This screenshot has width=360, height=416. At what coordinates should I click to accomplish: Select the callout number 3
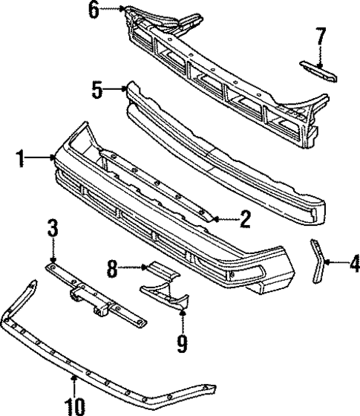[53, 229]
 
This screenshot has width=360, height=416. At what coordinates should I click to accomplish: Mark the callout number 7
[320, 35]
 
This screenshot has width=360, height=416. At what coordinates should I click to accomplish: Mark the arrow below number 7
[320, 55]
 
